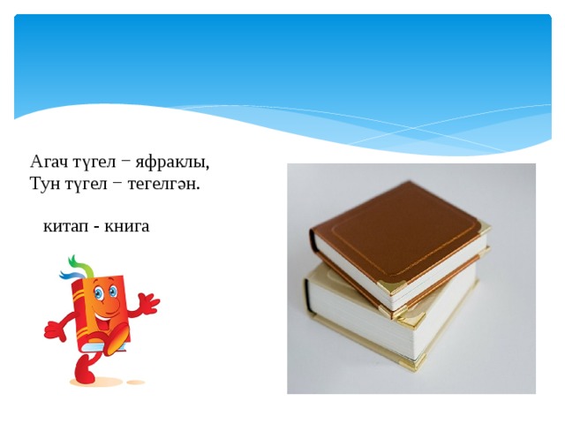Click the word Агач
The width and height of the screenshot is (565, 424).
tap(49, 163)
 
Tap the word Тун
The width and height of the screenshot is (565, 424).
tap(45, 184)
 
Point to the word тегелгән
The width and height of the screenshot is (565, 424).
tap(164, 185)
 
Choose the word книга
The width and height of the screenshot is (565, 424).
tap(127, 226)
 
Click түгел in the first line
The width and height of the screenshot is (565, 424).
tap(94, 163)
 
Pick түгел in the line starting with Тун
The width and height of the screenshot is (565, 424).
tap(87, 184)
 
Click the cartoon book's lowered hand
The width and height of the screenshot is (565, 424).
tap(54, 330)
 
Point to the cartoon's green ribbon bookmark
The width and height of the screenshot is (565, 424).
tap(77, 262)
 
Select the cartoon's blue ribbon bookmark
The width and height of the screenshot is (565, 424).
tap(70, 274)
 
